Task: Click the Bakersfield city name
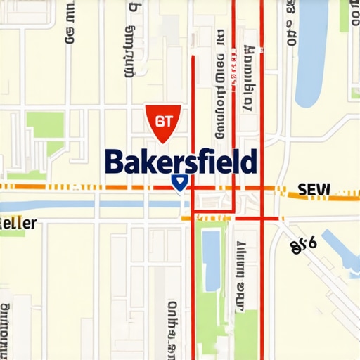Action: pyautogui.click(x=180, y=162)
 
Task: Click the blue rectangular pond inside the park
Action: pyautogui.click(x=210, y=250)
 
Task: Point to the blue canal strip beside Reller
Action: pyautogui.click(x=84, y=204)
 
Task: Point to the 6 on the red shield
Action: pyautogui.click(x=158, y=120)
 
